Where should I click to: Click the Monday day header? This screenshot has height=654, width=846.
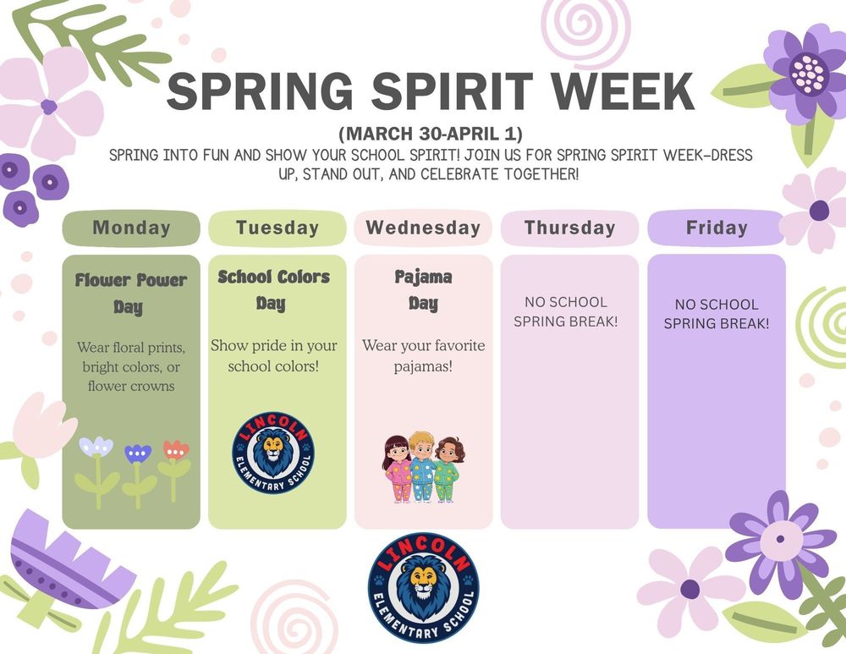[131, 228]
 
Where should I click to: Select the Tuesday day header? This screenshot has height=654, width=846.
[277, 228]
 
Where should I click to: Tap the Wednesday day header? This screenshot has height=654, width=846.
[423, 228]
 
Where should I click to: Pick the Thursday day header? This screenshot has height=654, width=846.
[569, 228]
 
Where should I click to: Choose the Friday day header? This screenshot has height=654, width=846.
[717, 228]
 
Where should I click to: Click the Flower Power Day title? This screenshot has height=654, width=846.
[131, 292]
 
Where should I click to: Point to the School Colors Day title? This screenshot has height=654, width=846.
[273, 289]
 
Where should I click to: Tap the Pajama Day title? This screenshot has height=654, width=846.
[423, 289]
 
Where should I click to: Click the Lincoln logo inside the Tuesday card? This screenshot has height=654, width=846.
[272, 452]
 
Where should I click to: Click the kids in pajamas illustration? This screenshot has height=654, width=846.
[423, 469]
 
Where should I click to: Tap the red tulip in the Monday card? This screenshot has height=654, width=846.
[175, 452]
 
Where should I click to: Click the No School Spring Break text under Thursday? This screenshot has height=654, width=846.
[566, 311]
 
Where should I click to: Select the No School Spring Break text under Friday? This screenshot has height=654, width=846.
[717, 314]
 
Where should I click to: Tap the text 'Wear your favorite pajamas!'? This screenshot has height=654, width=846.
[423, 356]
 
